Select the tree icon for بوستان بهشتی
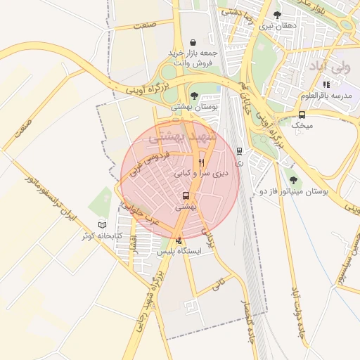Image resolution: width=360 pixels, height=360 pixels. tap(194, 96)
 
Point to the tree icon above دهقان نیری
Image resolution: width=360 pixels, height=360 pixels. tap(277, 15)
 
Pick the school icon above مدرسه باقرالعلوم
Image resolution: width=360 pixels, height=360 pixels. tap(326, 84)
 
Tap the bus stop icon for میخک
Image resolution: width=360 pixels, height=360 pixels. tap(302, 115)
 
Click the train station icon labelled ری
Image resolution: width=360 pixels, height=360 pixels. tap(240, 150)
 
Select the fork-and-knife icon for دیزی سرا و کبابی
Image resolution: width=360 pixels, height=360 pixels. tap(201, 162)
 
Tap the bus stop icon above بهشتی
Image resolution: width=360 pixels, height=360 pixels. tap(186, 196)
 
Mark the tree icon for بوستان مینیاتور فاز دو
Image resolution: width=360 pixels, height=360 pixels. tap(293, 179)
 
